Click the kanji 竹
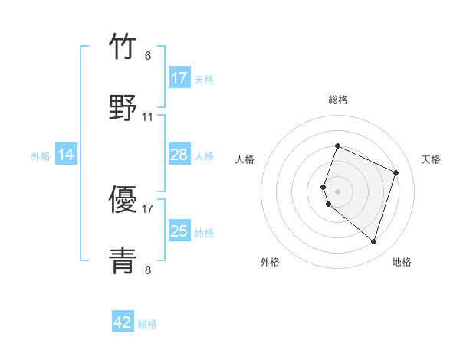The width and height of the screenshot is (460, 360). [x=123, y=47]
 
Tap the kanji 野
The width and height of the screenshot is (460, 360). [x=123, y=106]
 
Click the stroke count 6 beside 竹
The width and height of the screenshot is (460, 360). [x=148, y=56]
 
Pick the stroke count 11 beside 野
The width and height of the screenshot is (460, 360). [x=148, y=117]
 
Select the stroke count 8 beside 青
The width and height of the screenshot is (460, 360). [x=148, y=270]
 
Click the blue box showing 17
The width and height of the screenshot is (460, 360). [x=179, y=78]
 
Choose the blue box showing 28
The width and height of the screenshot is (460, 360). [x=179, y=155]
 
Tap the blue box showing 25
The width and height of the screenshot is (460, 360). [x=179, y=231]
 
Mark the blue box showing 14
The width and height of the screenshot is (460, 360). [x=66, y=155]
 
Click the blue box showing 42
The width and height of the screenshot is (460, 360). [x=123, y=322]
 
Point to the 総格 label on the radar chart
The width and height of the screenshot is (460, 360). [x=337, y=100]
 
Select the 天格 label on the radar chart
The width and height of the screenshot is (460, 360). [x=431, y=159]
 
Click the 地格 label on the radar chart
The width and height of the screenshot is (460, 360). [x=402, y=262]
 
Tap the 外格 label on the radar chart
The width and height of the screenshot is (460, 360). [x=270, y=262]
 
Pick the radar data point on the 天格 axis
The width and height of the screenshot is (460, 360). [x=396, y=172]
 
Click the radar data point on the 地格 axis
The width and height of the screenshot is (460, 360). [x=373, y=241]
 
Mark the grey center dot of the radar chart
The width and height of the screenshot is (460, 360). [x=337, y=191]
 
